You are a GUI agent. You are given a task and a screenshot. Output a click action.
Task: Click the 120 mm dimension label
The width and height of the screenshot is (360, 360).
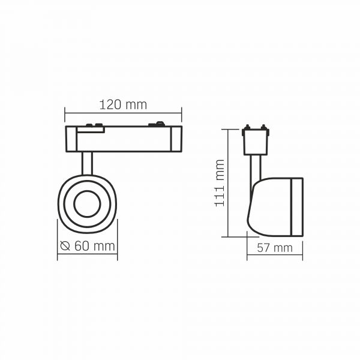pyautogui.click(x=123, y=104)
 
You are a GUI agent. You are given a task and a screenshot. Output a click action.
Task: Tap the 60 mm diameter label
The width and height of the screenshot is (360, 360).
pyautogui.click(x=94, y=246)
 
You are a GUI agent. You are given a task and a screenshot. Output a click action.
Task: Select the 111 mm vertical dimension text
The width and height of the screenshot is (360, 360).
pyautogui.click(x=219, y=183)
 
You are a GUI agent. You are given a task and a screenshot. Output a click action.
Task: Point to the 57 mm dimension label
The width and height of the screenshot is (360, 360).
pyautogui.click(x=275, y=248)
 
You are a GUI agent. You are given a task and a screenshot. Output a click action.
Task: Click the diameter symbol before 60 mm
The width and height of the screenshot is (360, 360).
pyautogui.click(x=65, y=245)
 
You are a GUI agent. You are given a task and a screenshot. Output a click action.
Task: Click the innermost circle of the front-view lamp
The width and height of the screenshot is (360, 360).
pyautogui.click(x=87, y=203)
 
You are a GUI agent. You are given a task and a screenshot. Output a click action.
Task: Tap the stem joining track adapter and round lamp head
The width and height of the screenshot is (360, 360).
pyautogui.click(x=87, y=163)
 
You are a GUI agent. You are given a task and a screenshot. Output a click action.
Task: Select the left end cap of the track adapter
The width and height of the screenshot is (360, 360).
pyautogui.click(x=71, y=139)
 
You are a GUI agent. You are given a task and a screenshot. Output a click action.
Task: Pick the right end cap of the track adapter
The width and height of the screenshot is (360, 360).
pyautogui.click(x=176, y=139)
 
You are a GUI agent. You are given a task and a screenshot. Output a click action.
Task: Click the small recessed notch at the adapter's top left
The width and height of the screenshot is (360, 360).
pyautogui.click(x=91, y=130)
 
